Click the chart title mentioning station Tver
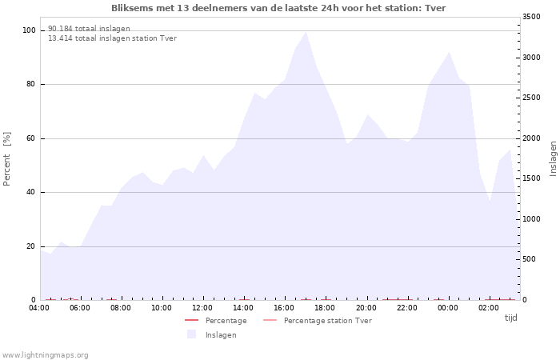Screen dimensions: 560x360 click(278, 8)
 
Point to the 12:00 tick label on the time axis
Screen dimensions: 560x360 click(202, 308)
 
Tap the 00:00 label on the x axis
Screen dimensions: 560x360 click(447, 308)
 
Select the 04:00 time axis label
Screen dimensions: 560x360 click(39, 308)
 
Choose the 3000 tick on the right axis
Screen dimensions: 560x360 click(531, 57)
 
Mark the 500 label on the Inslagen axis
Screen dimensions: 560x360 click(529, 259)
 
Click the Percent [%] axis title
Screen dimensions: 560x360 click(6, 159)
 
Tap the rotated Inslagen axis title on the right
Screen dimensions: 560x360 click(553, 159)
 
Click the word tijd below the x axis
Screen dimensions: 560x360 click(510, 318)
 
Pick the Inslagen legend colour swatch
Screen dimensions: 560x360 click(191, 334)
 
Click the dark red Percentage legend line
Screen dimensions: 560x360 click(191, 320)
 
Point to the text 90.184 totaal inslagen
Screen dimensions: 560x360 click(89, 29)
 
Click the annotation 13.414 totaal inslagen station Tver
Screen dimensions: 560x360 click(112, 38)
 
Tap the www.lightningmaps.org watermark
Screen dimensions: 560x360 click(45, 355)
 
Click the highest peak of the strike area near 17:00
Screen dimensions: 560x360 click(306, 32)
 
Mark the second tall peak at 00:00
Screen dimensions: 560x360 click(449, 52)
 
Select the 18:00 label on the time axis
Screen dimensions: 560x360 click(325, 308)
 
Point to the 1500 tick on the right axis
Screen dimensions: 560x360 click(531, 178)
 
